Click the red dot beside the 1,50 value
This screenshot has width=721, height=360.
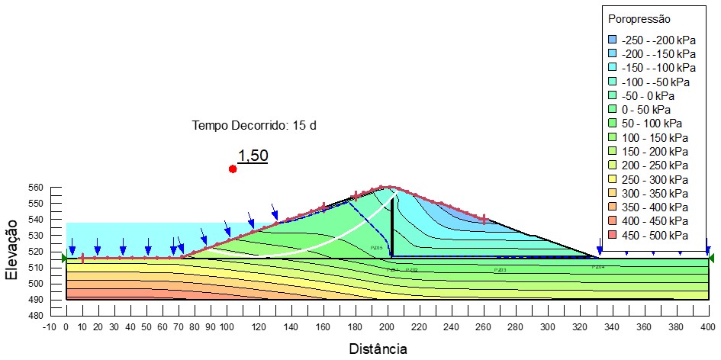pos(233,169)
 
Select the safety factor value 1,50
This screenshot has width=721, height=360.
pos(253,156)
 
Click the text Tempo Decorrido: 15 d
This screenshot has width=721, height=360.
pos(254,125)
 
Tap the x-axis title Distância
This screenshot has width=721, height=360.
pos(377,349)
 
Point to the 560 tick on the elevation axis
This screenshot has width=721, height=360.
pos(35,188)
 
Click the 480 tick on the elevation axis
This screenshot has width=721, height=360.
pos(35,315)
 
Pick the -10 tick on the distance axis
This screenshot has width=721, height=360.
pos(50,326)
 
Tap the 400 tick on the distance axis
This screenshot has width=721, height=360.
pos(707,326)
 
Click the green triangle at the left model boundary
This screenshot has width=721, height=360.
pos(65,259)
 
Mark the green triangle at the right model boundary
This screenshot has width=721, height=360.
pos(711,259)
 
